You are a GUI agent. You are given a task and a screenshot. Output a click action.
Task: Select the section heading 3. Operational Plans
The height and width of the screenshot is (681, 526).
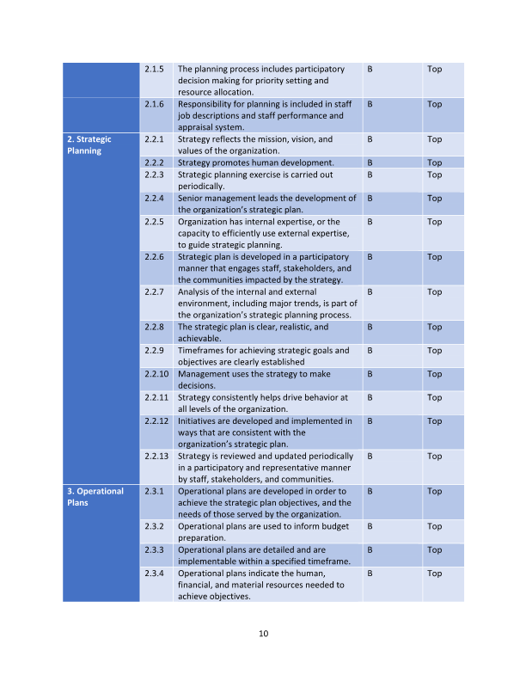[x=95, y=497]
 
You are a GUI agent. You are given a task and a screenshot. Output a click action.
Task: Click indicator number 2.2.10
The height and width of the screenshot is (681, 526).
[x=156, y=374]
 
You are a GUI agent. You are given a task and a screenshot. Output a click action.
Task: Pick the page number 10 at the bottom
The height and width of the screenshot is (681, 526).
[x=263, y=634]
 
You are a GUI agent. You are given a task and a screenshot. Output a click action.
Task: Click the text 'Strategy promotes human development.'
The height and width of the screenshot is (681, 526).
[x=255, y=163]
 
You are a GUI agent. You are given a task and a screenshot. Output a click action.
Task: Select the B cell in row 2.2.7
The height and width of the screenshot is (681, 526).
[x=370, y=291]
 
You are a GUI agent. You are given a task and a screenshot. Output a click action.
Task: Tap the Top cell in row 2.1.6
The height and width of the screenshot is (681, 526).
[x=434, y=104]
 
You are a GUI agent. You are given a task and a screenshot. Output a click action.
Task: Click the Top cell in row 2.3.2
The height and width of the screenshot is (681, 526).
[x=434, y=526]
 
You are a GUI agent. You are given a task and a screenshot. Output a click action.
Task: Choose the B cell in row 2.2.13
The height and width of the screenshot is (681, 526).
[x=370, y=456]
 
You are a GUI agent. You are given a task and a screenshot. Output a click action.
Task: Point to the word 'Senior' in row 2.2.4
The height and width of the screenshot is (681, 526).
[x=191, y=198]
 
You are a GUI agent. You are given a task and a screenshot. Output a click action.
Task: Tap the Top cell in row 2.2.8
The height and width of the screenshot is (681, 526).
[x=434, y=327]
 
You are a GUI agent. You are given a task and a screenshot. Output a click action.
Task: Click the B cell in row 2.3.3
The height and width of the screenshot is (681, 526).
[x=370, y=549]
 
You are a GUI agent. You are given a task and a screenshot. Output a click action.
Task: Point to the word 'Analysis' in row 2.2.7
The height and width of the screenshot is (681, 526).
[x=195, y=291]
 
